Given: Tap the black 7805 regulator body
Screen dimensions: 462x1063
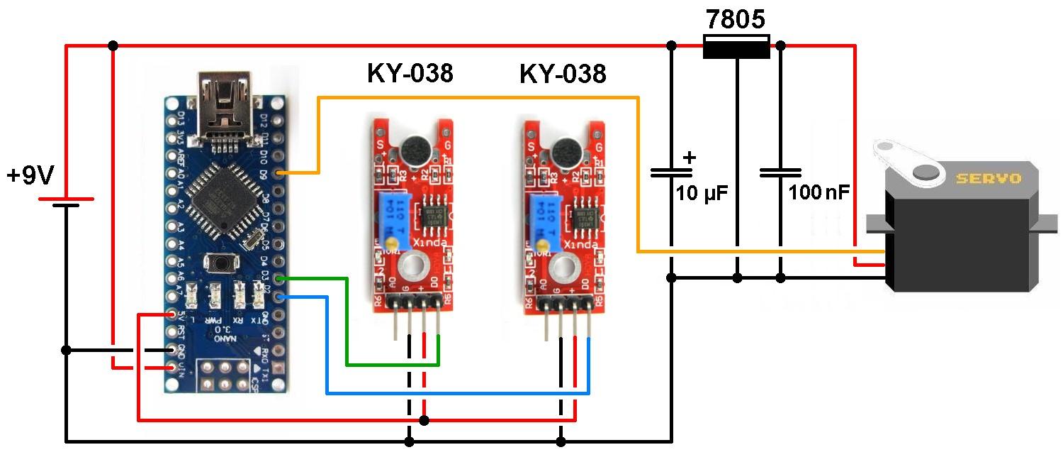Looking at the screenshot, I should coord(736,48).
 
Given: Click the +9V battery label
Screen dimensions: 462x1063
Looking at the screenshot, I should coord(30,175).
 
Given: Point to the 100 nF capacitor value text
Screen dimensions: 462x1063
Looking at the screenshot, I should coord(819,192).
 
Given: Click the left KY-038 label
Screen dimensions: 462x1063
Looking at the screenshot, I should coord(410,73).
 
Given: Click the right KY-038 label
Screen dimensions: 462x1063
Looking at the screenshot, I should coord(563,73).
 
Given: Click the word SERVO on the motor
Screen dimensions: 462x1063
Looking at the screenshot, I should coord(987,178).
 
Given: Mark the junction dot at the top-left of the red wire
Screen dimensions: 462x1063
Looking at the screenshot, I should coord(113,46).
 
